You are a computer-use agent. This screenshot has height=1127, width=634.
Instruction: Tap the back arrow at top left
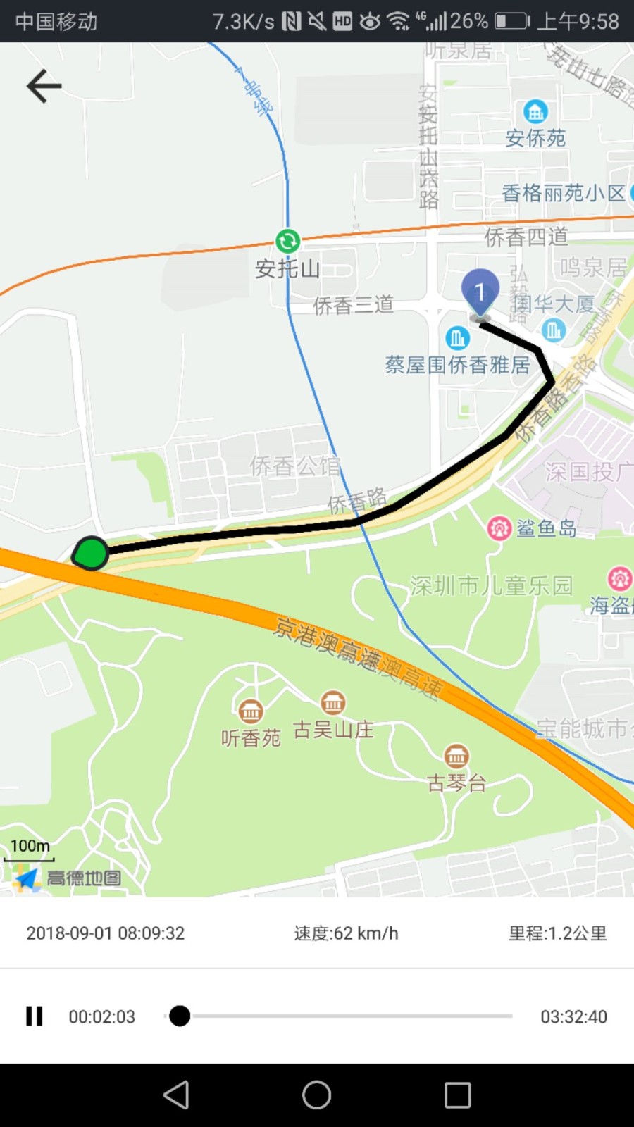point(44,86)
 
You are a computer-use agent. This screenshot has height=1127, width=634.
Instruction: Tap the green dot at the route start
point(91,553)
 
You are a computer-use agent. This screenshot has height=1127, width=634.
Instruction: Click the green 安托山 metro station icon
point(287,242)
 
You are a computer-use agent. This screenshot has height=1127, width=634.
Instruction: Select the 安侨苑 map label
point(535,138)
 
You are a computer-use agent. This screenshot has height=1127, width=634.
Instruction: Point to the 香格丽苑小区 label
point(563,193)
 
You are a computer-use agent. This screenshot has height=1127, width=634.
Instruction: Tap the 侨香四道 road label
point(526,237)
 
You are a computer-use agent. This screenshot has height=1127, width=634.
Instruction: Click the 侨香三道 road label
point(353,305)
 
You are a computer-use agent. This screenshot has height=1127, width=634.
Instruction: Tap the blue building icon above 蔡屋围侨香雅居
point(458,338)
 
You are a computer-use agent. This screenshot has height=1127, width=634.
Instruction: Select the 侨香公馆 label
point(294,466)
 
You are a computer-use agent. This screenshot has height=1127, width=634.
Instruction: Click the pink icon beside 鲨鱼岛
point(499,528)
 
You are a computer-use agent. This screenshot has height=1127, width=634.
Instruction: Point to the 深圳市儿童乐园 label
point(491,585)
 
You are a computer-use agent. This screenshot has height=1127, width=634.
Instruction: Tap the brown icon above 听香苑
point(251,711)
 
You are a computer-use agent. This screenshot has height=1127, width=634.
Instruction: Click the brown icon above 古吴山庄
point(333,702)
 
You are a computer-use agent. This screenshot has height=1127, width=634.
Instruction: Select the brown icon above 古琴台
point(456,756)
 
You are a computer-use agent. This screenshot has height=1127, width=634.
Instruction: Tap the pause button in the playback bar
point(35,1016)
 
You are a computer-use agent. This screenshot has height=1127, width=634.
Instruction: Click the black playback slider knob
point(180,1016)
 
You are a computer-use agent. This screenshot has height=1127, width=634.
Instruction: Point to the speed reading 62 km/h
point(346,933)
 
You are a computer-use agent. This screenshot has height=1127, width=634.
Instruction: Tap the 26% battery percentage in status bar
point(469,21)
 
